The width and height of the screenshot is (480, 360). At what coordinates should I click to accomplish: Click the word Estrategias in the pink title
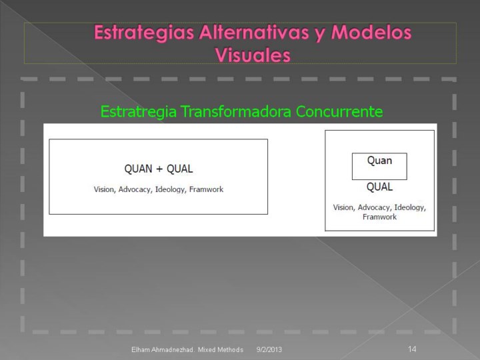pyautogui.click(x=144, y=33)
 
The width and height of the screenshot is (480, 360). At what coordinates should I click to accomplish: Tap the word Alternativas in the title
pyautogui.click(x=254, y=32)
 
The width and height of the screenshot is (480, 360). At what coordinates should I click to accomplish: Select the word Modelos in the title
pyautogui.click(x=371, y=32)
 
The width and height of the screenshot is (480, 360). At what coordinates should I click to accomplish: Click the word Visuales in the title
pyautogui.click(x=253, y=55)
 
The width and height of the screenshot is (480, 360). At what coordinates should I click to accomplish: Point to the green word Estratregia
pyautogui.click(x=139, y=112)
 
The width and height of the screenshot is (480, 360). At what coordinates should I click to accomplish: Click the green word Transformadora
pyautogui.click(x=236, y=111)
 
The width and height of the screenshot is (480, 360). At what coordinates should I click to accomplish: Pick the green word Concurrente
pyautogui.click(x=339, y=111)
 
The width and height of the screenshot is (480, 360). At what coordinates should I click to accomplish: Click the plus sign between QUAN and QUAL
pyautogui.click(x=159, y=169)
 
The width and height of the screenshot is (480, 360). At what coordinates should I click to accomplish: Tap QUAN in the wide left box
pyautogui.click(x=138, y=169)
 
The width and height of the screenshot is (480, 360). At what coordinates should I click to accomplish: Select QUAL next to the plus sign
pyautogui.click(x=180, y=169)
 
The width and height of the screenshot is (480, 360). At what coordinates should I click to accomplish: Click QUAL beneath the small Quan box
pyautogui.click(x=379, y=187)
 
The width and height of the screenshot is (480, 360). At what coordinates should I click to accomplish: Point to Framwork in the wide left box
pyautogui.click(x=206, y=189)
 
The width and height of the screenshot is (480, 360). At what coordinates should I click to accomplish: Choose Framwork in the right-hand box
pyautogui.click(x=379, y=217)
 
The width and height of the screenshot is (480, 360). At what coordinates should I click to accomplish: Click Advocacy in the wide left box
pyautogui.click(x=135, y=190)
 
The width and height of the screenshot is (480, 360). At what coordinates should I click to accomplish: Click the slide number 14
pyautogui.click(x=412, y=349)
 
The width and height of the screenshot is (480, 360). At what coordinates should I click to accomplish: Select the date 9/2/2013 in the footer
pyautogui.click(x=269, y=349)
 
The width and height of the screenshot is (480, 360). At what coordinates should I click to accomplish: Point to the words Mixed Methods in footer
pyautogui.click(x=221, y=349)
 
